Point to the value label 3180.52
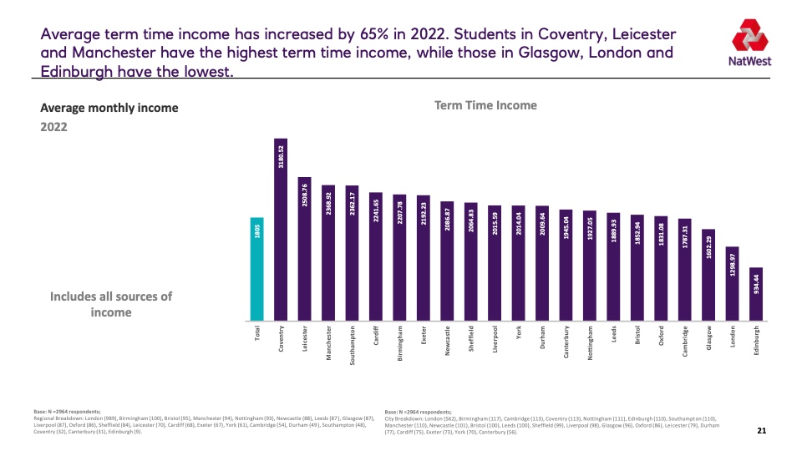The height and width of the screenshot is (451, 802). point(281,160)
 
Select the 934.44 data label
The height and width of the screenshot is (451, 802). point(756,284)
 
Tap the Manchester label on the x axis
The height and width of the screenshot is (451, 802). point(329,343)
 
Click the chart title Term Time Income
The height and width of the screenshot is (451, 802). point(485,105)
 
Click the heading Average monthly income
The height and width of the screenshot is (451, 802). point(109,108)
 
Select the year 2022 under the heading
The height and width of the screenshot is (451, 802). point(54,127)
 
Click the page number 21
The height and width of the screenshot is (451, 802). point(761,431)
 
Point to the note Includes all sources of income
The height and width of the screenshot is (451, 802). point(111,304)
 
